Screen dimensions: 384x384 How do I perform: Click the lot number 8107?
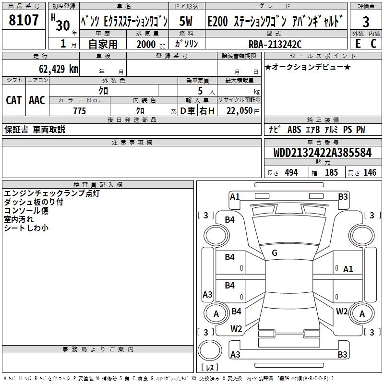coord(24,21)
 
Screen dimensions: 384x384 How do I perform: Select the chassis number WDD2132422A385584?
coord(323,153)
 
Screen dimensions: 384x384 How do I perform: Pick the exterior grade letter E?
coord(358,44)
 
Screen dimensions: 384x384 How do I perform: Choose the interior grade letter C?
coord(373,44)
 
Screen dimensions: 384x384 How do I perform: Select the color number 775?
coord(80,111)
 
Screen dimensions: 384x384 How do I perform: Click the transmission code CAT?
coord(13,100)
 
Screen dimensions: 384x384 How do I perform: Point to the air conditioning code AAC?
coord(37,100)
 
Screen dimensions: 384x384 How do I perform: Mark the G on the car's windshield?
coord(275,253)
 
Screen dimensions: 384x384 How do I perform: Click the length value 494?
coord(291,173)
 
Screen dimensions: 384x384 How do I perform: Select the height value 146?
coord(370,173)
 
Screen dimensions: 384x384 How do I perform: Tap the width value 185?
coord(331,173)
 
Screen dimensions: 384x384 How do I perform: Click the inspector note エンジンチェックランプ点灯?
coord(51,193)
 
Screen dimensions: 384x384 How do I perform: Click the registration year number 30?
coord(62,25)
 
